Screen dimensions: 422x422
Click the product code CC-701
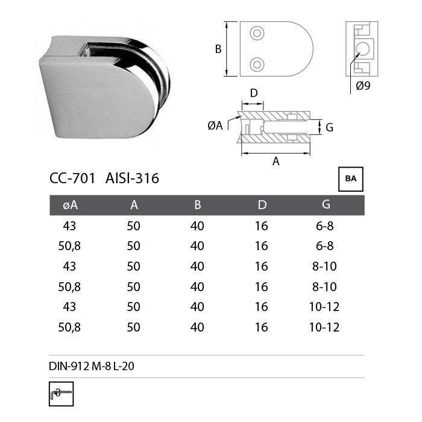tap(72, 178)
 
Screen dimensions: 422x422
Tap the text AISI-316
tap(132, 178)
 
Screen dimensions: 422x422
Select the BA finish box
tap(350, 179)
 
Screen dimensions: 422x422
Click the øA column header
tap(71, 205)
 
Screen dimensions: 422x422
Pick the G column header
tap(326, 205)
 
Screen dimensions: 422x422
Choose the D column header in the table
tap(262, 205)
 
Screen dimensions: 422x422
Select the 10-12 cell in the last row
tap(325, 327)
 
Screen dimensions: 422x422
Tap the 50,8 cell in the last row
tap(71, 327)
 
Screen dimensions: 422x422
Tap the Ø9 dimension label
tap(363, 86)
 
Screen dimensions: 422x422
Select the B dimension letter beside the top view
tap(218, 49)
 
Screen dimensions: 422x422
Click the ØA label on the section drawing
tap(215, 125)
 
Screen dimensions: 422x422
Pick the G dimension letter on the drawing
tap(329, 127)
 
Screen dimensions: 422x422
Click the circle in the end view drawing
tap(364, 49)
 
